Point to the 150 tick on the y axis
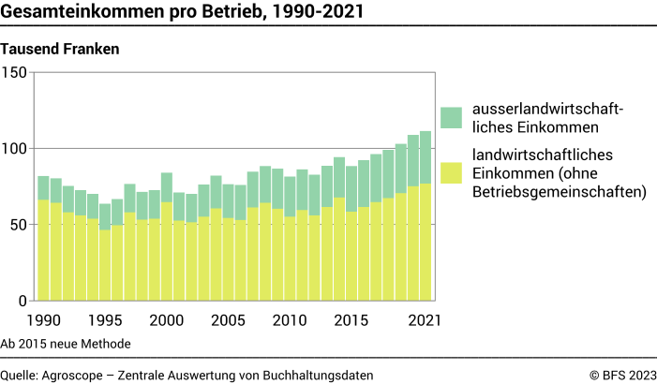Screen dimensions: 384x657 point(16,72)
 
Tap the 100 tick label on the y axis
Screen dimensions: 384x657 point(16,149)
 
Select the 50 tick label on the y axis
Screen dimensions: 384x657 point(20,226)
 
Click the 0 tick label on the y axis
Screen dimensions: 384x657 point(24,302)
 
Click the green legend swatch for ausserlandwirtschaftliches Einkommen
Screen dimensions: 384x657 point(451,117)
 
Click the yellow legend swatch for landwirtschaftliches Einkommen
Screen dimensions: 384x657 point(451,173)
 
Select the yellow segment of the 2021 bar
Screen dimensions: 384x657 point(426,243)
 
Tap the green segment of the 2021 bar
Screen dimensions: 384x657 point(426,157)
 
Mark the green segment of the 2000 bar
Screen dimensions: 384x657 point(167,187)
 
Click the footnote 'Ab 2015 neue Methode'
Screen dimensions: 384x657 point(66,344)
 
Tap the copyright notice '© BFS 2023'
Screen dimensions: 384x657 point(622,375)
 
